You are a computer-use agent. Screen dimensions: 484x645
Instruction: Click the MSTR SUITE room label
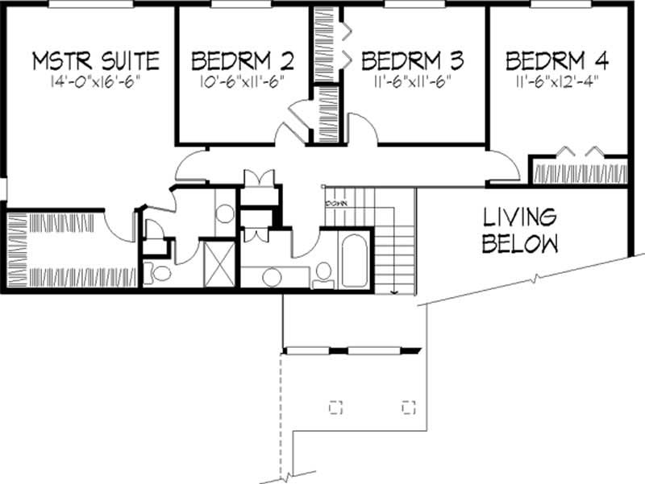click(x=95, y=60)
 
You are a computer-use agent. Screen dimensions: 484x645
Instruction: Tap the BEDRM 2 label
click(x=242, y=60)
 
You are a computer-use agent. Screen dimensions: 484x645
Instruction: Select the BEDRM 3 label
click(x=413, y=60)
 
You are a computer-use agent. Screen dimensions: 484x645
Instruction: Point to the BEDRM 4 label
click(x=557, y=60)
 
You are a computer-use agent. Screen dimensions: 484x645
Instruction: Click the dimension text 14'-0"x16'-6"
click(x=95, y=81)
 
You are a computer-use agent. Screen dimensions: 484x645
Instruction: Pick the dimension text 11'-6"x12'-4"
click(x=557, y=81)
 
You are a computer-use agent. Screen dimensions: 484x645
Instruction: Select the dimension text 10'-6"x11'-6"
click(x=242, y=81)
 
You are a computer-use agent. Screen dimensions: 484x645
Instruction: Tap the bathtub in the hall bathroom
click(x=355, y=260)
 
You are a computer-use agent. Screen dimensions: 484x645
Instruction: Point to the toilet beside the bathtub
click(x=324, y=272)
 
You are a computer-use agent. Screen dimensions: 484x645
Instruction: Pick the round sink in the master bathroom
click(x=226, y=214)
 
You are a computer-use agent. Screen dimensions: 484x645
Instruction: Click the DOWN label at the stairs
click(x=336, y=204)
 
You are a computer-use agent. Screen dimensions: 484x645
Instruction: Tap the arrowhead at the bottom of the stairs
click(x=393, y=291)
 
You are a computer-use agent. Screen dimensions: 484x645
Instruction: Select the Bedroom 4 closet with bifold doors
click(x=578, y=172)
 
